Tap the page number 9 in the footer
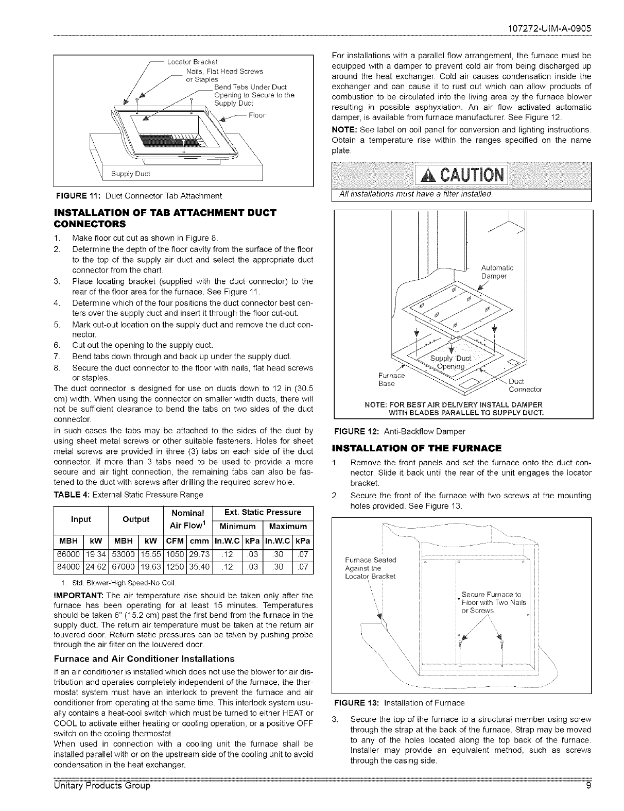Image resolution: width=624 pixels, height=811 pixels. pos(587,800)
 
